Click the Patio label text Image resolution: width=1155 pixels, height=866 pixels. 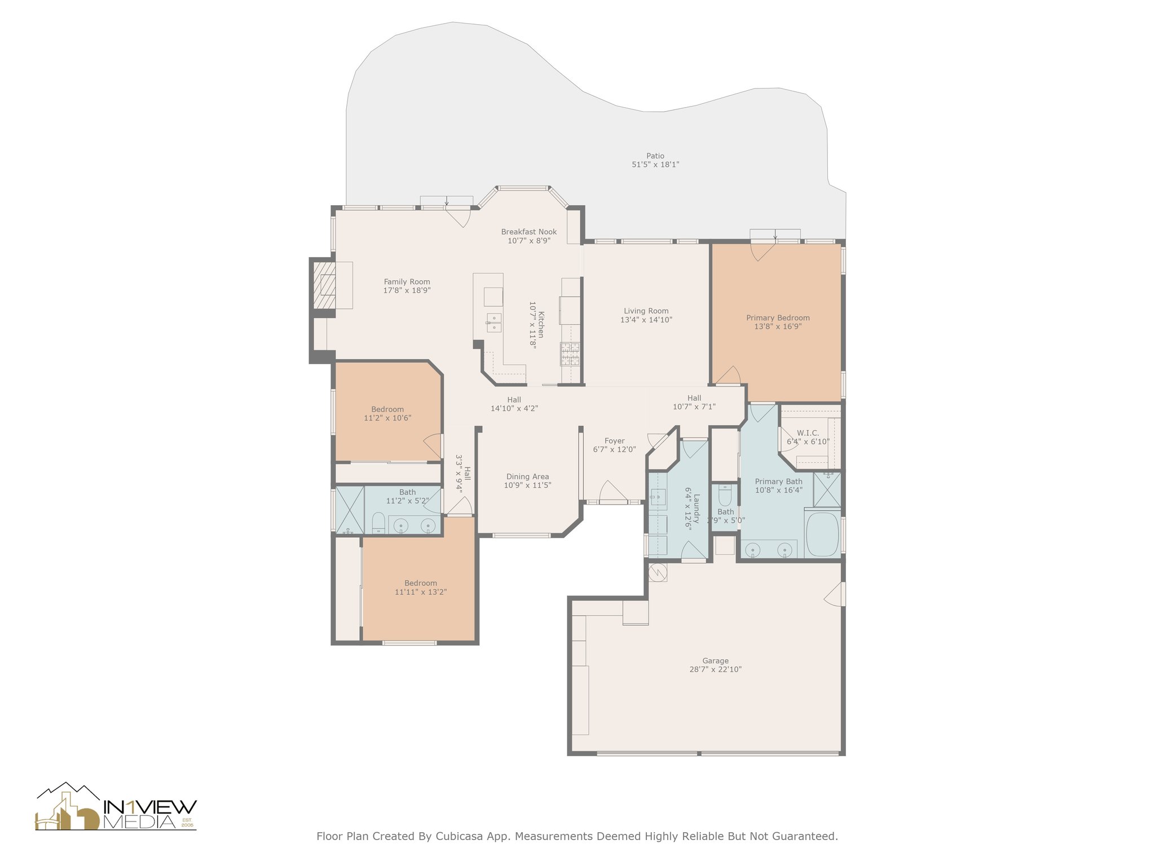(x=655, y=156)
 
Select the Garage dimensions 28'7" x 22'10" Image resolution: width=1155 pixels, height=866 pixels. (x=715, y=670)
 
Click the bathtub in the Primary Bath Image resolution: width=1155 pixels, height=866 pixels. (x=823, y=533)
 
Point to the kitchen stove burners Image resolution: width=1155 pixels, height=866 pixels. (x=570, y=355)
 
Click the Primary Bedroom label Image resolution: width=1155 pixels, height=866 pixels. (x=778, y=318)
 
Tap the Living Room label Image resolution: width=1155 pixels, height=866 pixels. (x=646, y=311)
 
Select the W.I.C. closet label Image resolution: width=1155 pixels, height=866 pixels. (x=808, y=433)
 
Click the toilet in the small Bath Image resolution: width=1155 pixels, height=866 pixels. (x=725, y=494)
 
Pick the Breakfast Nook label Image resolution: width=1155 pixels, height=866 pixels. (x=528, y=232)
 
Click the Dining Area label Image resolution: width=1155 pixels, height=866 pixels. (x=527, y=477)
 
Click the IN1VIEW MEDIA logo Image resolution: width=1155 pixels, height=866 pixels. (x=116, y=807)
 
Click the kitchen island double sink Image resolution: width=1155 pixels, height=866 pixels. (x=494, y=322)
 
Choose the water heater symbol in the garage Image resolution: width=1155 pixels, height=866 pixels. (x=658, y=573)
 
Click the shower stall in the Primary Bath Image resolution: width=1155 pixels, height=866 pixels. (x=827, y=489)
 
